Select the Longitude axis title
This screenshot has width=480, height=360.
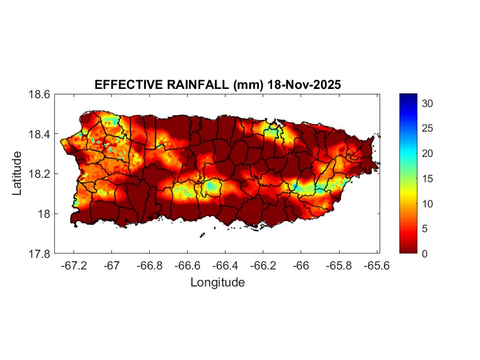pyautogui.click(x=217, y=283)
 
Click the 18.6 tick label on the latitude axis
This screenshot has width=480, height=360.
pyautogui.click(x=40, y=94)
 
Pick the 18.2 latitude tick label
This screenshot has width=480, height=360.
pyautogui.click(x=40, y=174)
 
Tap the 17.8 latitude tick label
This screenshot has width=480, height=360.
pyautogui.click(x=40, y=254)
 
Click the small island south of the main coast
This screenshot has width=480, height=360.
pyautogui.click(x=202, y=235)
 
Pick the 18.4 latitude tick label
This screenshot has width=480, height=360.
pyautogui.click(x=40, y=134)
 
